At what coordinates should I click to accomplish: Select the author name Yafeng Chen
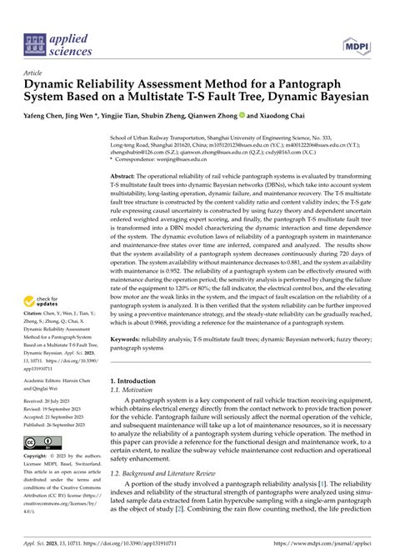(43, 118)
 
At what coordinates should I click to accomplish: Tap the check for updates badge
(44, 305)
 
